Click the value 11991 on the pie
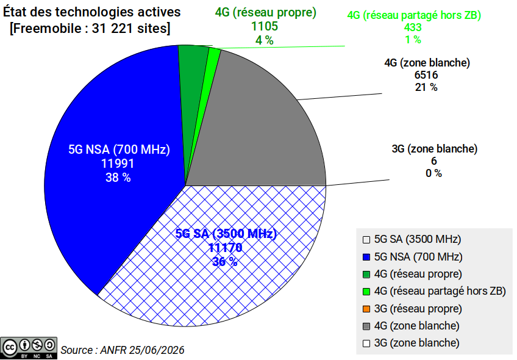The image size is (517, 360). coord(118,164)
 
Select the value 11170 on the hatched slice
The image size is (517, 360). coord(226,248)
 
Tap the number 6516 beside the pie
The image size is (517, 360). coord(426,75)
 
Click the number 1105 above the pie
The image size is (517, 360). coord(265,26)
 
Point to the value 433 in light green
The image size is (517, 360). coord(413,27)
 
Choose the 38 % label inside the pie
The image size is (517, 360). coord(118,178)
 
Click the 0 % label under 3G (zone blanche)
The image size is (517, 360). coord(433,173)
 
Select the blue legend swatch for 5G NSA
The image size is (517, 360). coord(366,257)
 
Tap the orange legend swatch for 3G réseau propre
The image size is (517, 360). coord(366,309)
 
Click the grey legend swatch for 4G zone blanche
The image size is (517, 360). coord(366,326)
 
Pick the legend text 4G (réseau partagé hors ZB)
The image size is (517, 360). coord(440,292)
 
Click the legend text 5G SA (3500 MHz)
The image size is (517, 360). coord(418,239)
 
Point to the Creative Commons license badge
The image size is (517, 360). coord(29,348)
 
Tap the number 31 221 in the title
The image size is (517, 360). coord(111,29)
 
